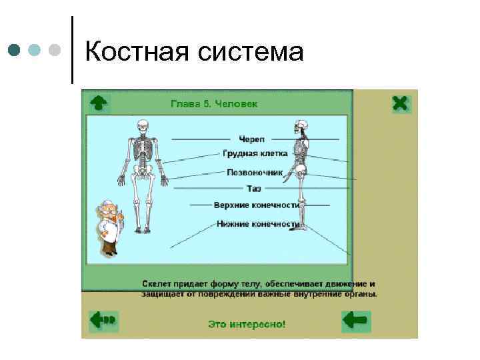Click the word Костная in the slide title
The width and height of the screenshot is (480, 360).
[136, 51]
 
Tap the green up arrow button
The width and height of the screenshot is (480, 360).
[99, 102]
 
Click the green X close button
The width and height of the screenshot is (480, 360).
[400, 103]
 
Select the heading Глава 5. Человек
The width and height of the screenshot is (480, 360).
[214, 104]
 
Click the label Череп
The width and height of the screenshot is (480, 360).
[253, 139]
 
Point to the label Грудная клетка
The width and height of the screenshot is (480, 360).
[255, 154]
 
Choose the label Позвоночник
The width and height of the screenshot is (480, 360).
[255, 172]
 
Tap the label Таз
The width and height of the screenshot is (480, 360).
[254, 189]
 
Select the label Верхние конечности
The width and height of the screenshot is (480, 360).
[255, 205]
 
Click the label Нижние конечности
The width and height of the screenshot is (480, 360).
[257, 224]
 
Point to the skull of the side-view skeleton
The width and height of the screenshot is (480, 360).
[301, 125]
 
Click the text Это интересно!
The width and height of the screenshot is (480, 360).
[247, 325]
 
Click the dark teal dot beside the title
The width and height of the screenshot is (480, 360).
[14, 49]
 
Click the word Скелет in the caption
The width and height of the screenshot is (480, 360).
[155, 283]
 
